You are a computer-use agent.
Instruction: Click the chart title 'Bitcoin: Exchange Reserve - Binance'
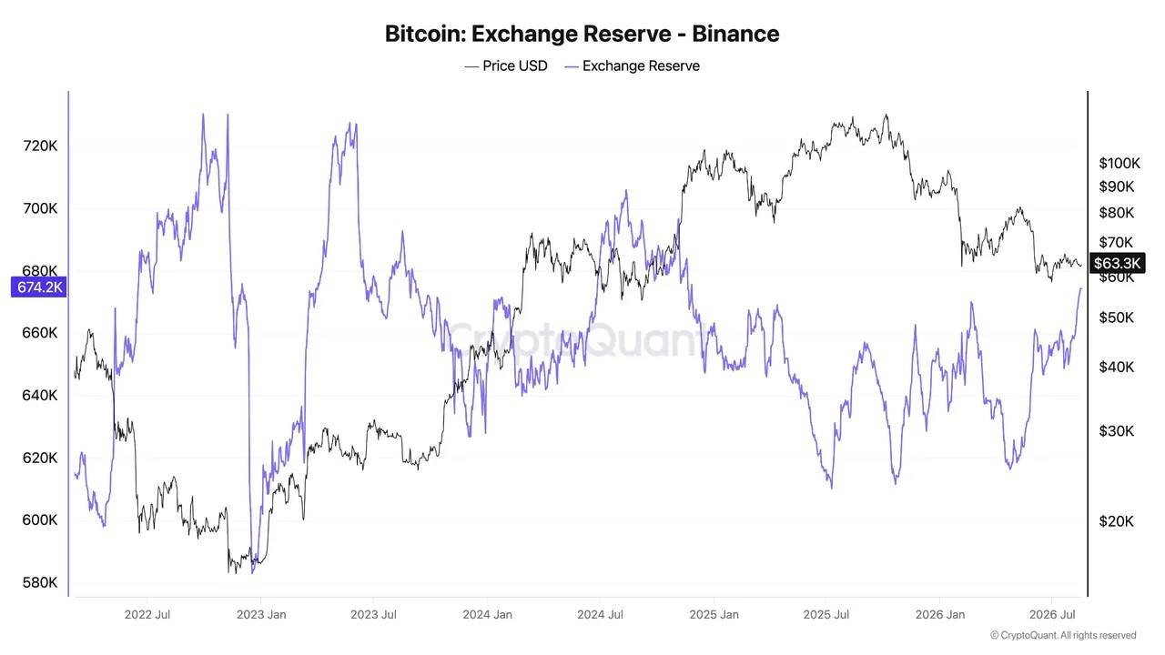point(582,34)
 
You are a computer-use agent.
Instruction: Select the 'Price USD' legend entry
point(506,66)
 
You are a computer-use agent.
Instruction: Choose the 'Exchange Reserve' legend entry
point(632,66)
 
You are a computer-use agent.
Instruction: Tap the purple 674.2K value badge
point(39,287)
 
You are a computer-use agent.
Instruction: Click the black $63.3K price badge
point(1117,263)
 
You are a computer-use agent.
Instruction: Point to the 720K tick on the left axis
point(40,146)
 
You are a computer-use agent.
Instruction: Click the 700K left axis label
point(40,208)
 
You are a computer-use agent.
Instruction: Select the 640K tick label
point(40,396)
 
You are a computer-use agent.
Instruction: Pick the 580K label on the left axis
point(40,582)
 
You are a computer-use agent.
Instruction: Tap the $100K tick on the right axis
point(1119,163)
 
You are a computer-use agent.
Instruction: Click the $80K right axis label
point(1116,213)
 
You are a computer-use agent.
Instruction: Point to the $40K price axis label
point(1116,368)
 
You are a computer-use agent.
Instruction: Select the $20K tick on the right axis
point(1116,521)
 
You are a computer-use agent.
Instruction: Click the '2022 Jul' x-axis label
point(147,615)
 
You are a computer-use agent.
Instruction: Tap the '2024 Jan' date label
point(487,615)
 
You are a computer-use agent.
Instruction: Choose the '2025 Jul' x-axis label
point(826,615)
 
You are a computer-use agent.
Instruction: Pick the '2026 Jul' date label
point(1052,615)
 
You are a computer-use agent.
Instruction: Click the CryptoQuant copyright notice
point(1063,635)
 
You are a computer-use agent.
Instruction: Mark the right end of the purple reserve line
point(1080,288)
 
